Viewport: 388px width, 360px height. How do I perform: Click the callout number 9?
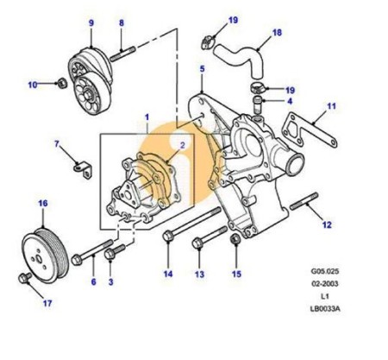pos(91,22)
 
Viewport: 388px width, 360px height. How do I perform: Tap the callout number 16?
pos(43,204)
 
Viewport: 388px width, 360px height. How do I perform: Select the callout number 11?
pos(331,106)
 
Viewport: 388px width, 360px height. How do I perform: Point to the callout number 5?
pos(203,69)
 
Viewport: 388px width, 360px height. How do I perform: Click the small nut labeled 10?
pos(62,83)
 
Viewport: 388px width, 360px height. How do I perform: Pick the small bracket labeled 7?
pos(83,170)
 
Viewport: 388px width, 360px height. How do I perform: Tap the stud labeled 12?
pos(304,201)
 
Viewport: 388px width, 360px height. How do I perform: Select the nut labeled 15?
pos(235,240)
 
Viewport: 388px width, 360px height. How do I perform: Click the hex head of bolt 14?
pos(167,236)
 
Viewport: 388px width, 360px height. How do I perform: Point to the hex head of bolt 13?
pos(197,243)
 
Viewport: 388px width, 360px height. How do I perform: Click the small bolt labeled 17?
pos(24,278)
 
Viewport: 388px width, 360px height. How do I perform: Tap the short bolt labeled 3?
pos(115,251)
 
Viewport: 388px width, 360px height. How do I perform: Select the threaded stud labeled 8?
pos(122,54)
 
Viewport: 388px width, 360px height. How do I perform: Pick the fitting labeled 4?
pos(256,106)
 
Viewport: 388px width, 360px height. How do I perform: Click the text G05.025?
pos(325,271)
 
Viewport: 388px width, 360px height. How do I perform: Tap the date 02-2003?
pos(325,284)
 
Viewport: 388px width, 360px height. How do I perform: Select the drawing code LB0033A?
pos(325,309)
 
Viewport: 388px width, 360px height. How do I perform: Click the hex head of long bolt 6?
pos(77,260)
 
